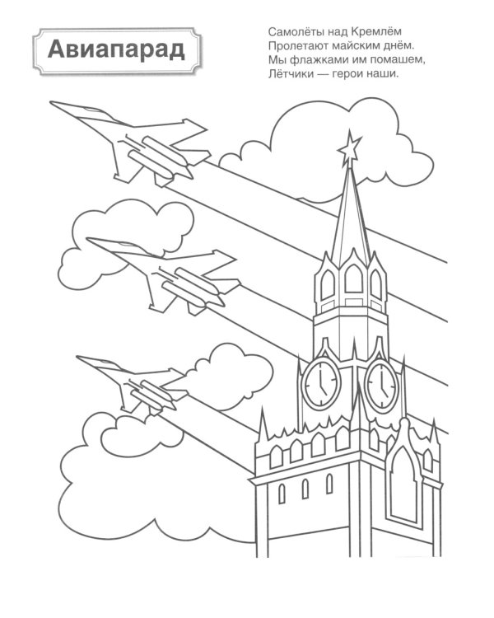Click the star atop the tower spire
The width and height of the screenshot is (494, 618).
point(349,149)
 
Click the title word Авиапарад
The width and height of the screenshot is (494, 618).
point(116,50)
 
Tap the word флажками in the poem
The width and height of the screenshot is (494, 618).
point(319,60)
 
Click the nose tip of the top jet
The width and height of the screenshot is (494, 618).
point(50,102)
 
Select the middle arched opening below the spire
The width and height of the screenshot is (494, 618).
point(353,278)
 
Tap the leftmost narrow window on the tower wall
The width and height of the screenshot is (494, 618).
point(282,494)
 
